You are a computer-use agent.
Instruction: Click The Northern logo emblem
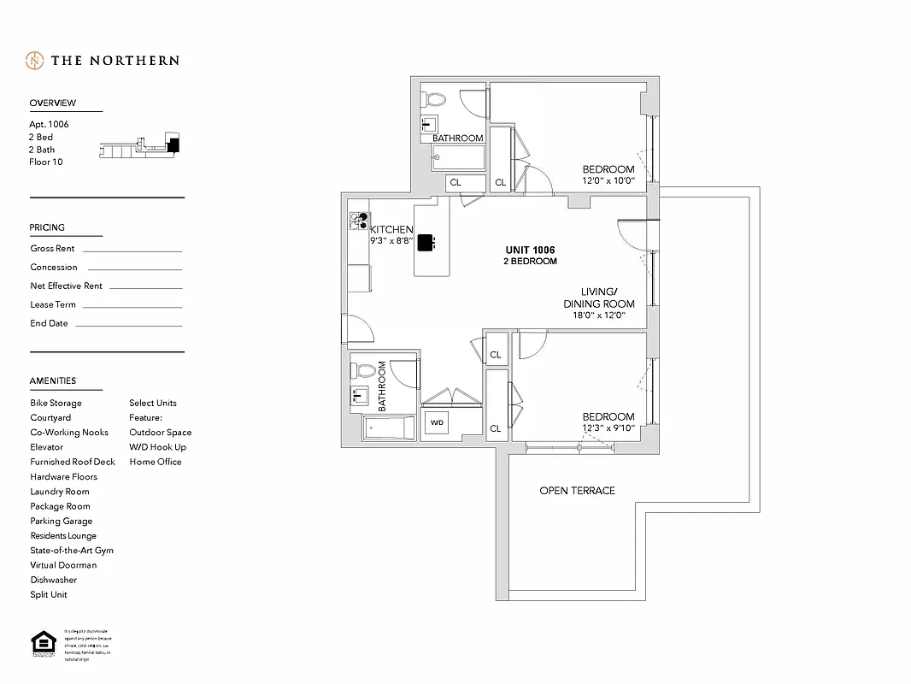pyautogui.click(x=35, y=61)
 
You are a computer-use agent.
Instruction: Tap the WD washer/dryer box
pyautogui.click(x=437, y=423)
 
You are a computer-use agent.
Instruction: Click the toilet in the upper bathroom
pyautogui.click(x=434, y=99)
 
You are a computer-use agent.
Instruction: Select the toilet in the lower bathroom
pyautogui.click(x=364, y=372)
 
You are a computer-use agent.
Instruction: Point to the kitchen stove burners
pyautogui.click(x=359, y=221)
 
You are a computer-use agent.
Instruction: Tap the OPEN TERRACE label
pyautogui.click(x=577, y=491)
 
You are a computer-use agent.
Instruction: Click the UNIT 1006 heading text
pyautogui.click(x=530, y=250)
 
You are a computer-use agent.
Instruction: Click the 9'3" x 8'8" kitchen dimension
pyautogui.click(x=391, y=241)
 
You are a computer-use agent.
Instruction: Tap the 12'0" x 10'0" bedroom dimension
pyautogui.click(x=608, y=180)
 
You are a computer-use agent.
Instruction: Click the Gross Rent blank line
pyautogui.click(x=132, y=251)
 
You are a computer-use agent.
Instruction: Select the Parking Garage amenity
pyautogui.click(x=61, y=521)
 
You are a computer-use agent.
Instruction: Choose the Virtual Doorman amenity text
pyautogui.click(x=63, y=565)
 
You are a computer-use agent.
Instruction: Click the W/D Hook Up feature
pyautogui.click(x=157, y=447)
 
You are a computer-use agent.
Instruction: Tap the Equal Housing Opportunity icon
pyautogui.click(x=40, y=645)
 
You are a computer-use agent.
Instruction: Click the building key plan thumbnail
pyautogui.click(x=140, y=147)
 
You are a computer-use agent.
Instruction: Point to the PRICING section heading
pyautogui.click(x=47, y=227)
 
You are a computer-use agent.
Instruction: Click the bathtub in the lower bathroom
pyautogui.click(x=389, y=427)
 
